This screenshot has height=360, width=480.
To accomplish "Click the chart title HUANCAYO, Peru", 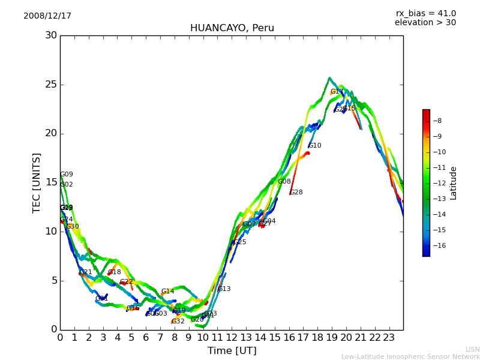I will coord(232,28).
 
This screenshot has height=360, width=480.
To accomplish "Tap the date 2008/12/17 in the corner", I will coord(47,16).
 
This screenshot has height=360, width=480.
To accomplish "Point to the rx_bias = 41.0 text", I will coord(425,14).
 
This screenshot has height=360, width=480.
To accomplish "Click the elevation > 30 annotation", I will coord(425,23).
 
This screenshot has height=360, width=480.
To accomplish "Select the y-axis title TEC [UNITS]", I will coord(37,182).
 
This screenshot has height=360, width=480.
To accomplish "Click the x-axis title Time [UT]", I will coord(232,351).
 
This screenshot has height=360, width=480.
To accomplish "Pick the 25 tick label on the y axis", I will coord(51,85).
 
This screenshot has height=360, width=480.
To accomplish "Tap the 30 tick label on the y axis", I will coord(51,35).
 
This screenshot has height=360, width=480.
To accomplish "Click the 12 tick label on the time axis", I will coord(232,338).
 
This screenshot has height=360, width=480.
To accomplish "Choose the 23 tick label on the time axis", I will coord(389,338).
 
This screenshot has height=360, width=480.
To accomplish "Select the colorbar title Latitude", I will coord(454,183).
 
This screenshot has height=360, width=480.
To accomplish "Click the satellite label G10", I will coord(315,146).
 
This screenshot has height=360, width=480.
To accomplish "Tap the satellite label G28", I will coord(296,193).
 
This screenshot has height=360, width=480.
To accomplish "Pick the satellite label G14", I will coord(167,292).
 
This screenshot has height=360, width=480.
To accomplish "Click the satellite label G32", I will coord(178,322).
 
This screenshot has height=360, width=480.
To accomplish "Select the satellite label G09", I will coord(67,175).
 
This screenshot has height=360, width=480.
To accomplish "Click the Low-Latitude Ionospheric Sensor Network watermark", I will coord(410,356).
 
